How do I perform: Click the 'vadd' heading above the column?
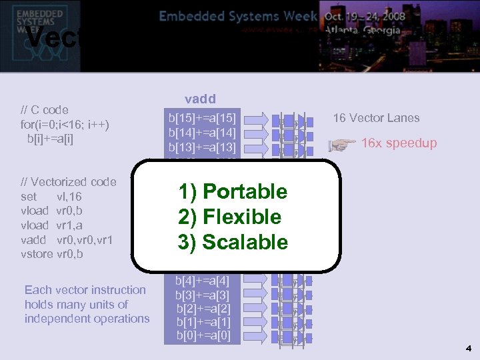coord(200,99)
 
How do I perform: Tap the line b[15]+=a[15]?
coord(203,119)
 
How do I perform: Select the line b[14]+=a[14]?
coord(203,133)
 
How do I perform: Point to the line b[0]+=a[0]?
coord(203,335)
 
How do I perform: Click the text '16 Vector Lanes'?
coord(376,118)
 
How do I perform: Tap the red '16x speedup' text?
coord(399,143)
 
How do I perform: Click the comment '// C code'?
coord(45,109)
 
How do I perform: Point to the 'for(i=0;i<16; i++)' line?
coord(65,124)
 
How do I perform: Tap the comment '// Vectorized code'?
coord(69,182)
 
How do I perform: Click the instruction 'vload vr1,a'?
coord(55,225)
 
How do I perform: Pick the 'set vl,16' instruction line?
coord(51,197)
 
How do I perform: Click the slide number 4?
coord(469,348)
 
